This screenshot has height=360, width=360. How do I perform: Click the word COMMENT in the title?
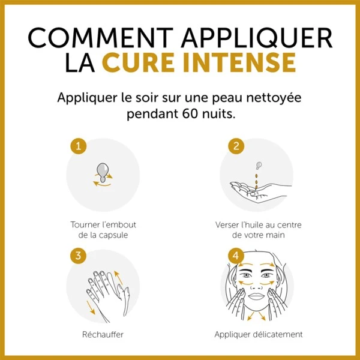click(101, 37)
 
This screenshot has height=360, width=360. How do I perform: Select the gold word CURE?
click(138, 62)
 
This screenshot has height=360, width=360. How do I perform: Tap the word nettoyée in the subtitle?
click(274, 98)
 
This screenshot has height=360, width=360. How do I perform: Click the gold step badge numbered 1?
click(78, 146)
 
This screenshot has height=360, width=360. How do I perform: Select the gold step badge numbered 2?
click(236, 146)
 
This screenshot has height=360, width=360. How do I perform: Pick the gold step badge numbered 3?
click(78, 256)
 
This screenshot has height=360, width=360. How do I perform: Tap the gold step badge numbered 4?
click(236, 256)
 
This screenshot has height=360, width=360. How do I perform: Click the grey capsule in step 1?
click(103, 172)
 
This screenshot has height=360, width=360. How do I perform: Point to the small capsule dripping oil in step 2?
click(259, 165)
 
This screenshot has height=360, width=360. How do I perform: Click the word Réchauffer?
click(103, 334)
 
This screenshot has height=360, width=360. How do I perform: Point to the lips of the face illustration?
click(256, 296)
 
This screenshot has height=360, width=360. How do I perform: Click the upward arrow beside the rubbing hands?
click(118, 278)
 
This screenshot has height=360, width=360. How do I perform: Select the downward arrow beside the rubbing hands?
click(91, 307)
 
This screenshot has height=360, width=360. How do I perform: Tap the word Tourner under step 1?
click(81, 225)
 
